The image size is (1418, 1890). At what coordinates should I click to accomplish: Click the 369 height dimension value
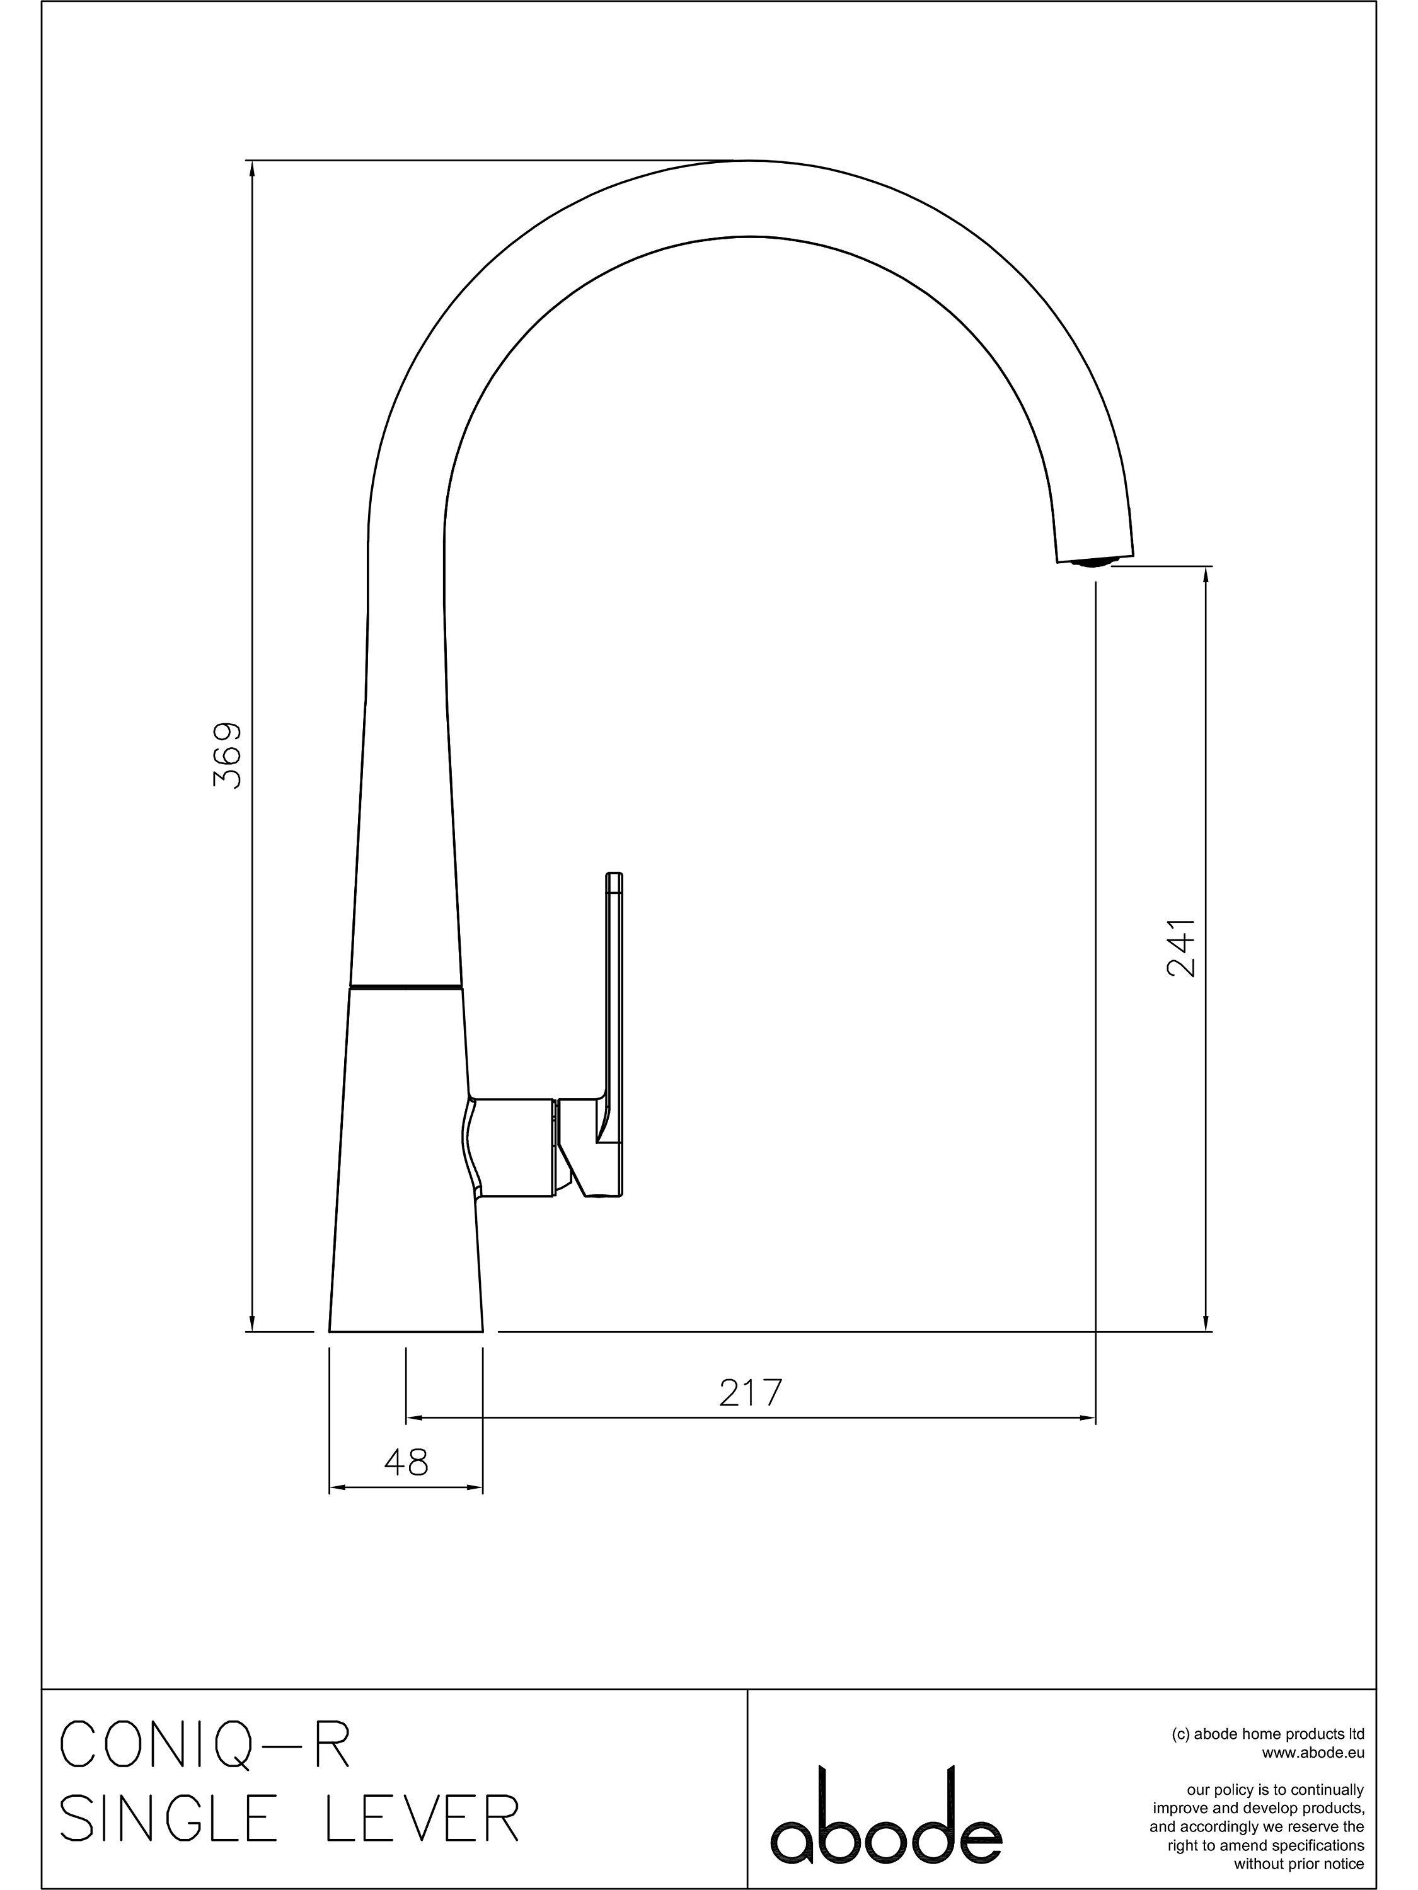click(228, 755)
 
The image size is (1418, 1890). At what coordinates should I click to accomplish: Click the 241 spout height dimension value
click(1180, 948)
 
